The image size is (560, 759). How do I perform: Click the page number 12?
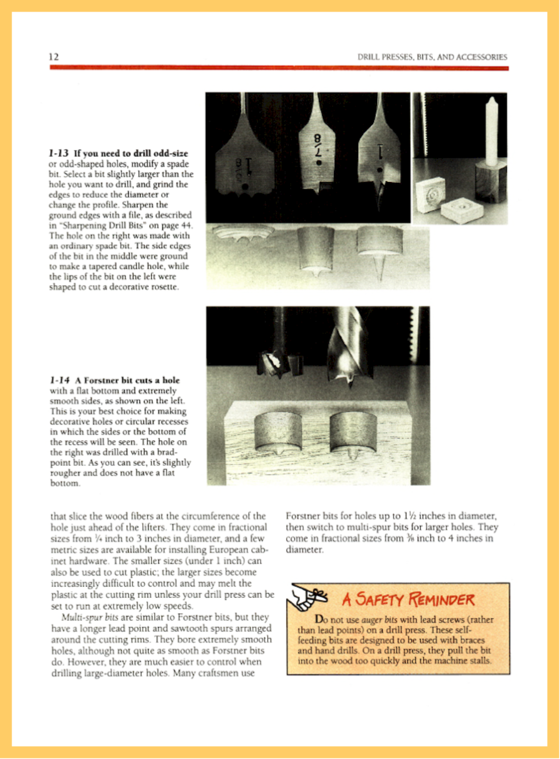(x=54, y=57)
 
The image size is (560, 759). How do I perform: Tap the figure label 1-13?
(x=59, y=153)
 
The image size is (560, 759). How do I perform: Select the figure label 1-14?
(x=60, y=380)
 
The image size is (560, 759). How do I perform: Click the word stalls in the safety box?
(x=480, y=661)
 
